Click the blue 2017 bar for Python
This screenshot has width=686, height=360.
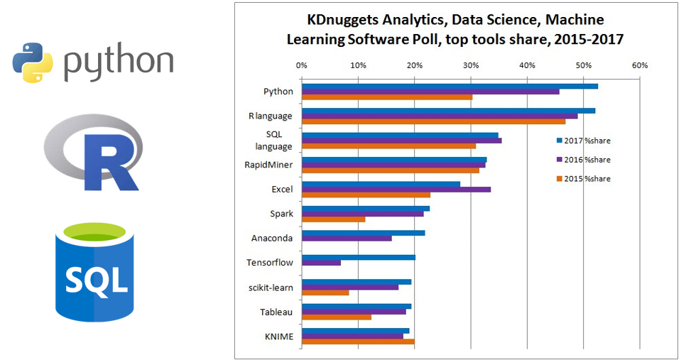click(x=450, y=86)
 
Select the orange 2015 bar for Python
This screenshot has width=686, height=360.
click(x=387, y=97)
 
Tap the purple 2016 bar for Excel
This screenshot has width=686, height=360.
click(x=396, y=189)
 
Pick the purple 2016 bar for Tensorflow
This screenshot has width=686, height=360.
click(x=321, y=263)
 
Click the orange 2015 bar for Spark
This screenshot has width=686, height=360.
click(x=333, y=219)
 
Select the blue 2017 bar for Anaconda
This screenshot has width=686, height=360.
click(x=363, y=233)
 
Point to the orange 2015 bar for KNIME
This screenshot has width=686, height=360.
click(x=358, y=342)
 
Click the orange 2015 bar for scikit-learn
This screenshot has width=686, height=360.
click(x=325, y=293)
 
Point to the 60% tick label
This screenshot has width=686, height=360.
click(x=639, y=65)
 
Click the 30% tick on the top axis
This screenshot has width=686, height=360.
click(x=470, y=65)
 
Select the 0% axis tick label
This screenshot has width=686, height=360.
click(x=301, y=65)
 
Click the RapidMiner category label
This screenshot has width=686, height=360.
click(x=268, y=165)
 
